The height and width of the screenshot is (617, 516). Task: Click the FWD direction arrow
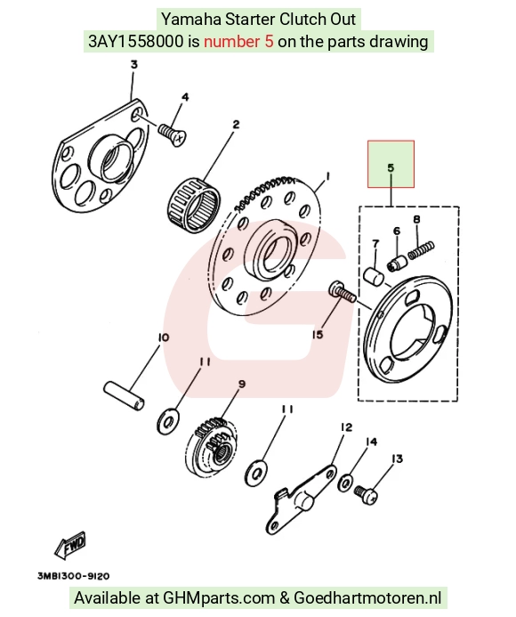(x=70, y=546)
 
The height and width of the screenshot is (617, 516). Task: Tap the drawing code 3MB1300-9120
(x=74, y=576)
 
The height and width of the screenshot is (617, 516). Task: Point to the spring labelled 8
(x=421, y=250)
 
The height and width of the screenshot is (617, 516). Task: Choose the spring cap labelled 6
(x=397, y=263)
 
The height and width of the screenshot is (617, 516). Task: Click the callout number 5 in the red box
(x=391, y=168)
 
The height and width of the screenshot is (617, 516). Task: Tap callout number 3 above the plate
(x=134, y=64)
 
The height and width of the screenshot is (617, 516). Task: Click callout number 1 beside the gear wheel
(x=327, y=177)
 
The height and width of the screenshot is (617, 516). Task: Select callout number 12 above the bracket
(x=346, y=427)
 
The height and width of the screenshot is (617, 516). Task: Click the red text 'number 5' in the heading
(x=238, y=41)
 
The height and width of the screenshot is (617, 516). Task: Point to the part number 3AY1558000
(x=136, y=41)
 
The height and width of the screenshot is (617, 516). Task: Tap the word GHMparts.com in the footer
(x=219, y=597)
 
